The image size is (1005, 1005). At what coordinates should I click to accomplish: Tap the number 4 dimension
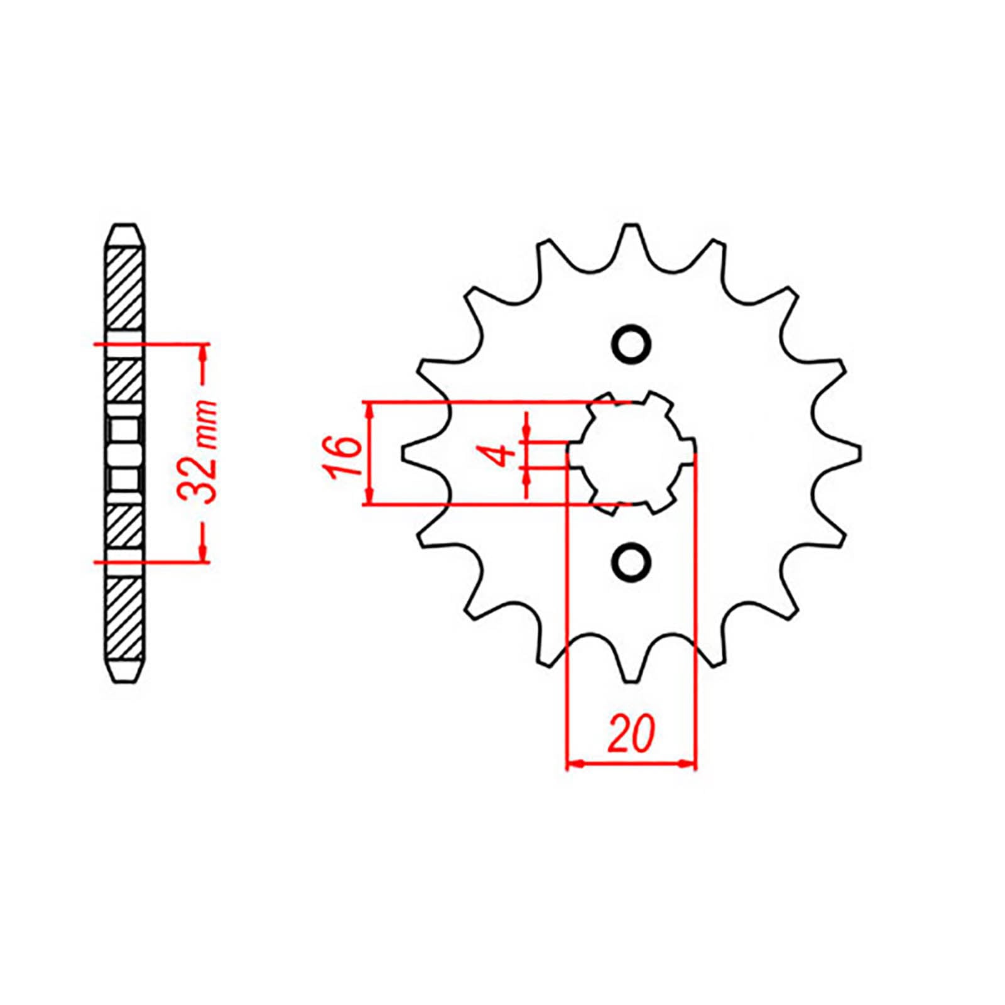click(x=502, y=454)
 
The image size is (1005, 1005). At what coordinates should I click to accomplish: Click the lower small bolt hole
click(x=631, y=559)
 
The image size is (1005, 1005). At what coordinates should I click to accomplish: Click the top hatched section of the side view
click(x=126, y=289)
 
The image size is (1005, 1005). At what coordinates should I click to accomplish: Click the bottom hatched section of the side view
click(x=126, y=619)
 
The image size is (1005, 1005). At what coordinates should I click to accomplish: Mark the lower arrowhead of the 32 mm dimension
click(x=203, y=553)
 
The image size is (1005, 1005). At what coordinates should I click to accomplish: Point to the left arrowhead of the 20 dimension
click(x=575, y=764)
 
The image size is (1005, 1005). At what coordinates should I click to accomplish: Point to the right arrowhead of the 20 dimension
click(x=688, y=764)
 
